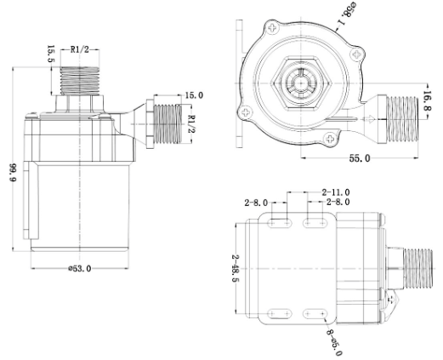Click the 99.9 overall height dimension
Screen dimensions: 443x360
[14, 173]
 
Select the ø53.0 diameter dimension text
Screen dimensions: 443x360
[80, 268]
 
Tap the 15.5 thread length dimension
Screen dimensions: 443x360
[51, 54]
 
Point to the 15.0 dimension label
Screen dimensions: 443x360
[194, 95]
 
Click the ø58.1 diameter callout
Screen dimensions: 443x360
[345, 14]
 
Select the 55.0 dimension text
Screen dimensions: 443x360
[360, 158]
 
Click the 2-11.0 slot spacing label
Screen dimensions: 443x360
[336, 192]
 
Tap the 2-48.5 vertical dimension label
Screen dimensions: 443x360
[236, 268]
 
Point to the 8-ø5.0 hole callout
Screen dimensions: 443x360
[335, 342]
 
